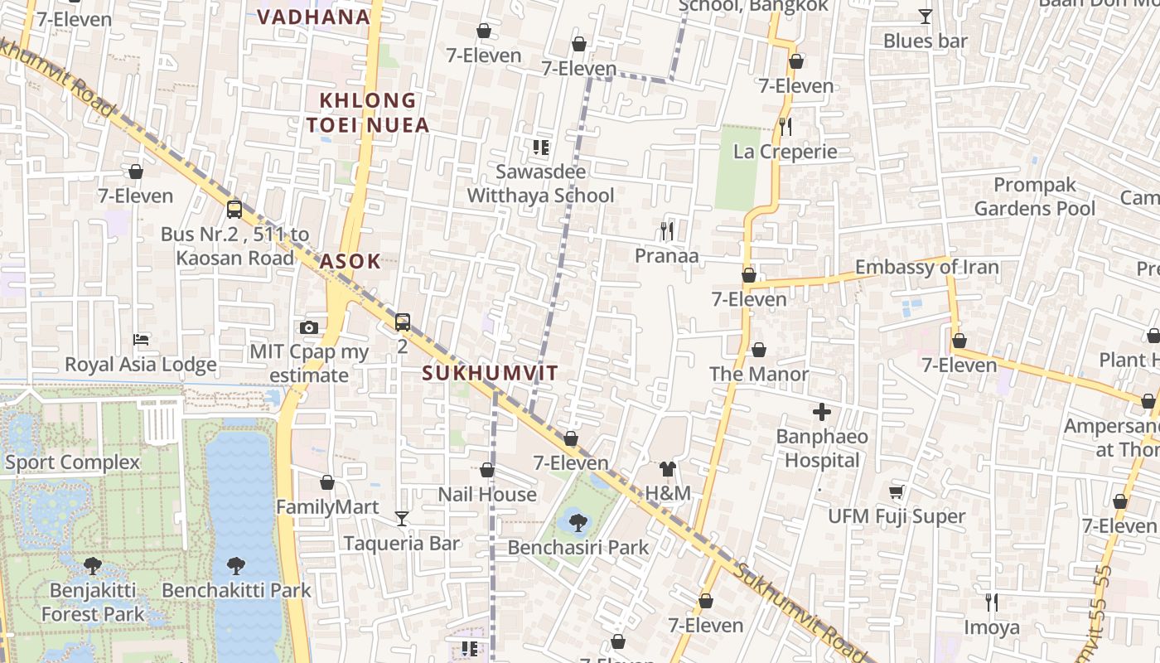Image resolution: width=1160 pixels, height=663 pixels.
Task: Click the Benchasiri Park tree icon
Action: pos(578,522)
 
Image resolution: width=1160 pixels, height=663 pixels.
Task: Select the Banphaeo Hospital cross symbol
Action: pos(822,412)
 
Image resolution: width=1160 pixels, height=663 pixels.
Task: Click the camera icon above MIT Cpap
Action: pos(309,327)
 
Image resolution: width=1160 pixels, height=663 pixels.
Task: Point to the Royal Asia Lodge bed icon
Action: pos(141,340)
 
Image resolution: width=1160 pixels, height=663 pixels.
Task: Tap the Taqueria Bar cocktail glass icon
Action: pos(402,519)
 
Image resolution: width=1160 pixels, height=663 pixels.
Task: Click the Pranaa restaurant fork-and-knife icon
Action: pos(667,230)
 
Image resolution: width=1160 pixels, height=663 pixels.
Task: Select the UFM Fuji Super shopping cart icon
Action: pos(897,492)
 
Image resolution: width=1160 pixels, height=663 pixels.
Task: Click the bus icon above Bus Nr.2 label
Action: pos(234,209)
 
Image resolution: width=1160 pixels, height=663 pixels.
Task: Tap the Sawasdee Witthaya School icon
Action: pos(541,148)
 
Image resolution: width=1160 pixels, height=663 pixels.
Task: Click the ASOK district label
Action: pos(350,261)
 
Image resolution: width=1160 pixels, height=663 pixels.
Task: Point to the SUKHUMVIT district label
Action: pos(491,373)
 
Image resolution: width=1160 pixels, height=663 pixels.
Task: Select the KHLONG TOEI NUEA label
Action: pos(368,113)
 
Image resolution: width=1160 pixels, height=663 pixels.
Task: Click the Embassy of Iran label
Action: pos(926,267)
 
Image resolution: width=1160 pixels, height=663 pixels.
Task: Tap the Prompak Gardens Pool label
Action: pos(1034,196)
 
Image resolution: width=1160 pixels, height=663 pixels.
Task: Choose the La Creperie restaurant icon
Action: pos(785,127)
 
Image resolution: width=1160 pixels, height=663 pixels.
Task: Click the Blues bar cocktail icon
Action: pos(926,16)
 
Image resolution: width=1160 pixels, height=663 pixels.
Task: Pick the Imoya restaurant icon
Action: pos(991,602)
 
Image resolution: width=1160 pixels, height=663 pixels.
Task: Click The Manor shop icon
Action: pos(758,350)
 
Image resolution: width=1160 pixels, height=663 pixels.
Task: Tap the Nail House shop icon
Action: pos(487,470)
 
